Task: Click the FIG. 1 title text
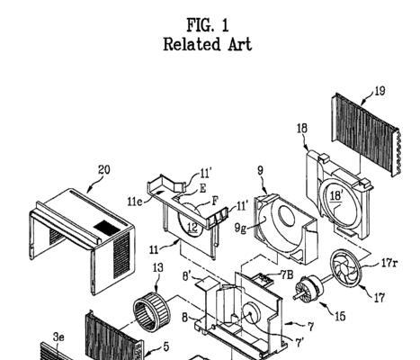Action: coord(208,25)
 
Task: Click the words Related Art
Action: coord(208,44)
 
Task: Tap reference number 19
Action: coord(380,91)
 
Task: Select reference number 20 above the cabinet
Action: coord(104,170)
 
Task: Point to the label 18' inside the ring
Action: coord(335,196)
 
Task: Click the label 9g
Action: coord(240,229)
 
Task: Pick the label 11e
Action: coord(135,202)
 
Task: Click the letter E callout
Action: coord(203,188)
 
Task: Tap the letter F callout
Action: coord(215,201)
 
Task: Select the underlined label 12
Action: coord(192,228)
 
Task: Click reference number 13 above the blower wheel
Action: coord(158,267)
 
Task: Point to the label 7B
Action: coord(287,274)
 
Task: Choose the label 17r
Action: coord(389,264)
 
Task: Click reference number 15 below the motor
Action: coord(340,316)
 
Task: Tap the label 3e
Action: coord(58,337)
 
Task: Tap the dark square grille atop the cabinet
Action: coord(107,228)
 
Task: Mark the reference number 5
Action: coord(166,347)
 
